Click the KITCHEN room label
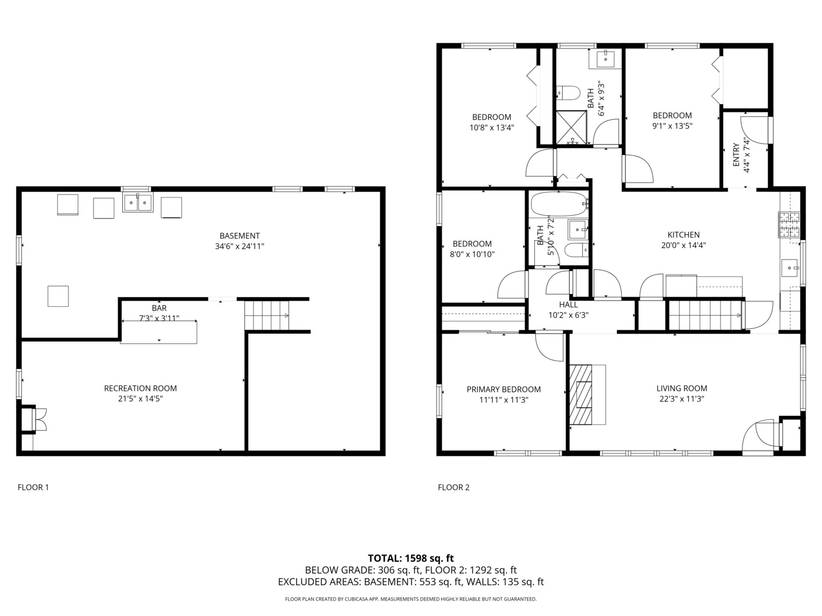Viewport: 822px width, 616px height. [x=683, y=235]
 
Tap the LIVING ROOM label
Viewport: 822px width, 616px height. [x=682, y=388]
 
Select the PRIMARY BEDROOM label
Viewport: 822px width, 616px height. [x=503, y=390]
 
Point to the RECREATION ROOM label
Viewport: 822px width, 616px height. [x=140, y=388]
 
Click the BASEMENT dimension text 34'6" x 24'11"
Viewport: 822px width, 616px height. [x=240, y=246]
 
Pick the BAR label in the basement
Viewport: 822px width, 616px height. [x=159, y=308]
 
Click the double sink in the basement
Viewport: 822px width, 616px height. [x=138, y=202]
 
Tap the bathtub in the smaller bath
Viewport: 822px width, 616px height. [x=558, y=204]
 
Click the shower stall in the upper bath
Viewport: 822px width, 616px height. [x=571, y=128]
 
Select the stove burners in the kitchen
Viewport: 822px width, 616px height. [x=789, y=224]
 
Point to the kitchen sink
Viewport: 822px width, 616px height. [x=790, y=268]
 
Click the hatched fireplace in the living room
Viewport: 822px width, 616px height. [x=581, y=395]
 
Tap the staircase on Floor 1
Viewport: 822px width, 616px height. [x=267, y=315]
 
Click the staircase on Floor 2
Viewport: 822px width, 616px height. [x=705, y=315]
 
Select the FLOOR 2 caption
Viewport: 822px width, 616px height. [x=453, y=487]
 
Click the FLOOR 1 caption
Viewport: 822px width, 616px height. [x=33, y=487]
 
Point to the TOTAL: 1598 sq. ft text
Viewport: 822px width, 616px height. [x=411, y=558]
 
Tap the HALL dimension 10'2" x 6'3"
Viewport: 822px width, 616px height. [x=569, y=315]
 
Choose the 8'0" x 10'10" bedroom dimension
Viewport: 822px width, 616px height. [x=472, y=254]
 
